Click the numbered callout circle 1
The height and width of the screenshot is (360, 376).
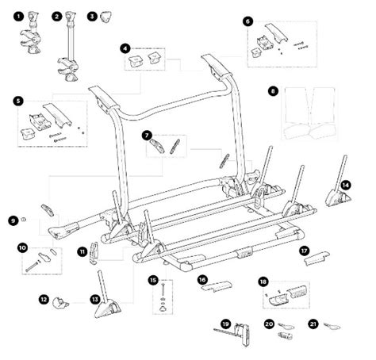click(x=18, y=17)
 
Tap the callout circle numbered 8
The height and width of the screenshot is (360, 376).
click(x=273, y=91)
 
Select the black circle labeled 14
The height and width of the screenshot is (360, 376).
click(x=346, y=186)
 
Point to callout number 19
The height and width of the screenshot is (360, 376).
click(x=226, y=324)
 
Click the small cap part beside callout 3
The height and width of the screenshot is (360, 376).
click(x=106, y=17)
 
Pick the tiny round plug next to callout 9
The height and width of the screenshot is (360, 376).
click(x=24, y=219)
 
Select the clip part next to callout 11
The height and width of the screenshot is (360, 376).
click(x=93, y=253)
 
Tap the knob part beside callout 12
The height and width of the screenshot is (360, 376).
click(x=61, y=303)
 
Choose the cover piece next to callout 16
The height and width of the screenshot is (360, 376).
click(x=217, y=287)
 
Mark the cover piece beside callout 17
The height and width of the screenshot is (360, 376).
click(x=317, y=258)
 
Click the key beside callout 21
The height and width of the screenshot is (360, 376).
click(x=332, y=327)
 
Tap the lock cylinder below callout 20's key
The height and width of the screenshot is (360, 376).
click(x=285, y=336)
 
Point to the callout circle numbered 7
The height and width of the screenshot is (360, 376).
click(x=147, y=136)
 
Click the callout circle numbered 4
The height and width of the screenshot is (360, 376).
click(x=125, y=49)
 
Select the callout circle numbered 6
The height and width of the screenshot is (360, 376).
click(x=247, y=21)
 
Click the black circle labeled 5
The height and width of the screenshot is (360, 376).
click(x=18, y=101)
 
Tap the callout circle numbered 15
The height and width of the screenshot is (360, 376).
click(x=153, y=280)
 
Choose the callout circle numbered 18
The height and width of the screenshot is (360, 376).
click(x=263, y=282)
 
